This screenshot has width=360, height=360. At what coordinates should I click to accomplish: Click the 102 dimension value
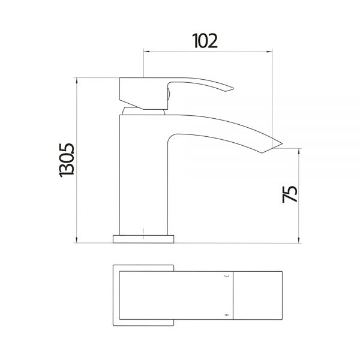click(x=205, y=41)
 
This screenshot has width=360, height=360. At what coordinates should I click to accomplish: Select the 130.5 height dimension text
click(x=67, y=160)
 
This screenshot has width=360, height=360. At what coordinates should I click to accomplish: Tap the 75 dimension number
click(x=290, y=194)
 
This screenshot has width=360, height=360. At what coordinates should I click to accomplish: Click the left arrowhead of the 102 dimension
click(x=146, y=52)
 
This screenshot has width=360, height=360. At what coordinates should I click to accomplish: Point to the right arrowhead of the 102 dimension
click(x=269, y=52)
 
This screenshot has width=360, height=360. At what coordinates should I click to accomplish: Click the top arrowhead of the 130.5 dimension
click(x=77, y=81)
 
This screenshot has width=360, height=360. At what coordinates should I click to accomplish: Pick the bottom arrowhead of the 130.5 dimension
click(x=77, y=239)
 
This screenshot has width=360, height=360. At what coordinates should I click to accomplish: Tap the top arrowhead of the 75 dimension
click(x=299, y=152)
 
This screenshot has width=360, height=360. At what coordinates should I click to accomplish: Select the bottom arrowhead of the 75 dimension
click(x=299, y=239)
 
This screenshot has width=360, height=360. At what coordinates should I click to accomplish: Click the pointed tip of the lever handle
click(x=233, y=88)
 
